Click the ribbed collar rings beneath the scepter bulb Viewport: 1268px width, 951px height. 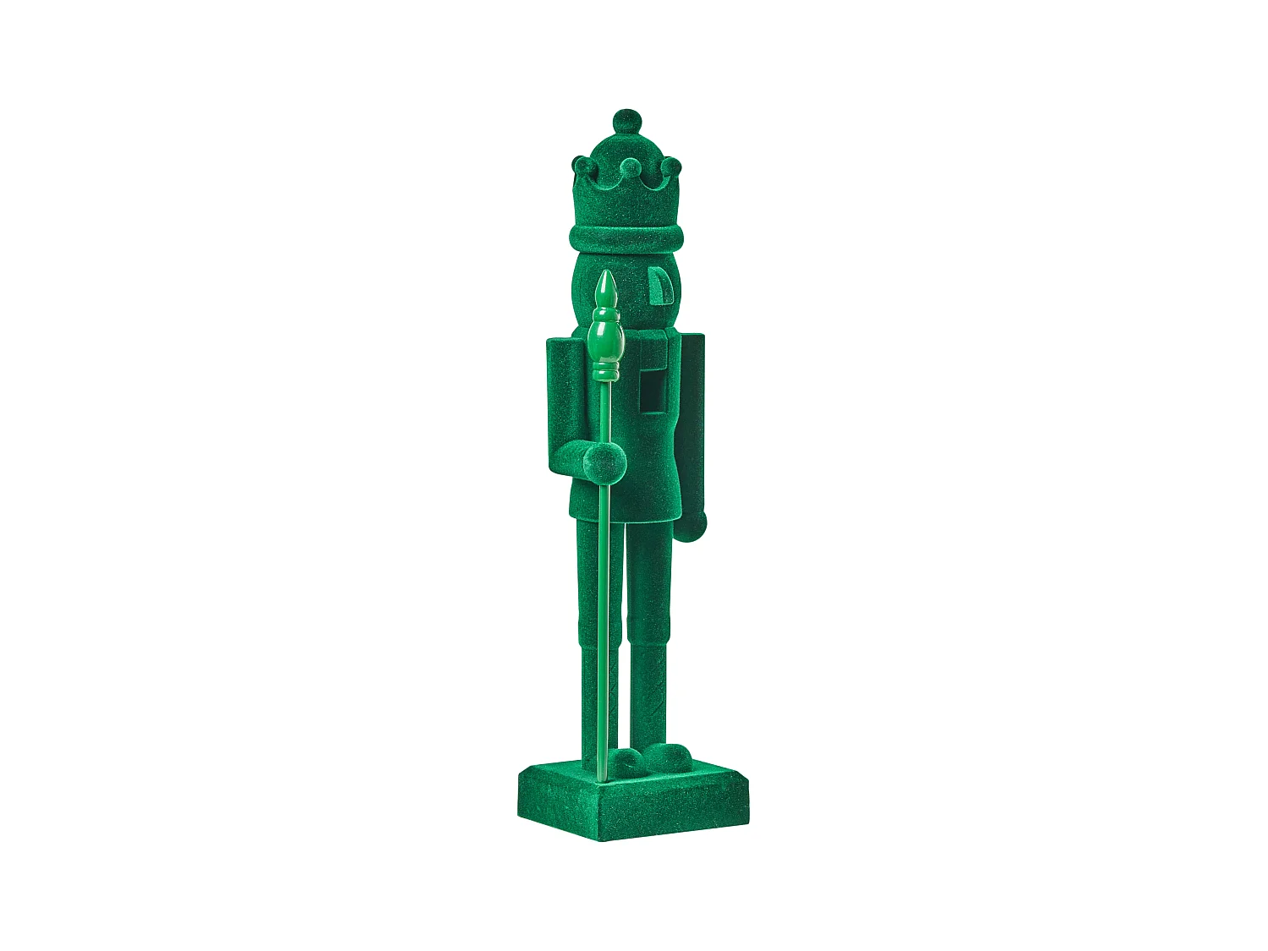tap(605, 372)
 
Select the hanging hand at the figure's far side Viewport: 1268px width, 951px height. tap(696, 524)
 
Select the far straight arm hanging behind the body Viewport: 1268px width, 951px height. tap(693, 423)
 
